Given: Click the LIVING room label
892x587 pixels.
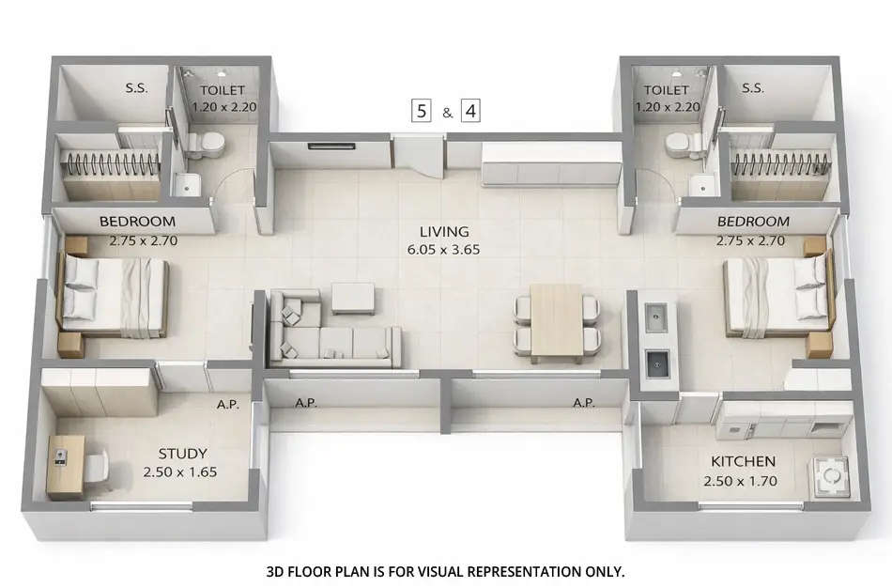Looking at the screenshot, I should click(444, 231).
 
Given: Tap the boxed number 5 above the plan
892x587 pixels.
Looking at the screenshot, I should click(422, 111).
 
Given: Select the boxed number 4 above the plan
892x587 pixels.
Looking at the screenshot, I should click(469, 111).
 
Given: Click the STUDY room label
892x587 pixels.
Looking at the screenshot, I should click(182, 453).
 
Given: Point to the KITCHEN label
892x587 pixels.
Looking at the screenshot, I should click(743, 461).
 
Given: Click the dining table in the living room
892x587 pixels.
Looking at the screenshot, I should click(557, 322).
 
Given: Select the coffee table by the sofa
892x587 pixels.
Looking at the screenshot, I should click(352, 298).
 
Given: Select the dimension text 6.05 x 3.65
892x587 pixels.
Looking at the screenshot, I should click(444, 250).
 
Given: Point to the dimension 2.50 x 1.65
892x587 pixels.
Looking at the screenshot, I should click(182, 471).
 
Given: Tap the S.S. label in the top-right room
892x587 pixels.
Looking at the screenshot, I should click(752, 88).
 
